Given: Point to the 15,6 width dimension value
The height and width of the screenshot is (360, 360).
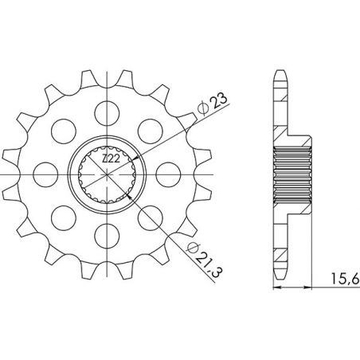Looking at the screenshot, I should pyautogui.click(x=340, y=280).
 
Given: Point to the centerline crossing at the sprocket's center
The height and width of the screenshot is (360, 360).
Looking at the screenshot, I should pyautogui.click(x=110, y=171).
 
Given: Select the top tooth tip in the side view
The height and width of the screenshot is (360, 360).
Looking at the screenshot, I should pyautogui.click(x=280, y=74).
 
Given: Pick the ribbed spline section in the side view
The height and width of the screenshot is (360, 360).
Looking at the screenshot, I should pyautogui.click(x=290, y=171).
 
